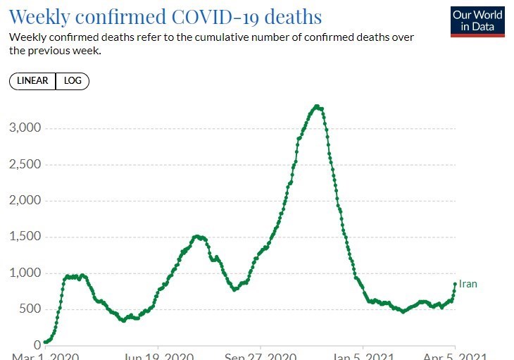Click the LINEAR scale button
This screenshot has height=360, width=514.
pyautogui.click(x=32, y=81)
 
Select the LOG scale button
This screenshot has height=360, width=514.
pyautogui.click(x=73, y=81)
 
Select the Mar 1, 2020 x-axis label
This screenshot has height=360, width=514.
pyautogui.click(x=45, y=356)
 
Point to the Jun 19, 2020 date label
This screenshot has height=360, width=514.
pyautogui.click(x=158, y=356)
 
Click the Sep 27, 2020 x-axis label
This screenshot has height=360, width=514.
pyautogui.click(x=261, y=356)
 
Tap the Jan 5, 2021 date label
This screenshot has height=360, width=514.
pyautogui.click(x=363, y=356)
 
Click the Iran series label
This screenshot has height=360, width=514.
pyautogui.click(x=468, y=284)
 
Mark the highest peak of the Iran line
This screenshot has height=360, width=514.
pyautogui.click(x=318, y=106)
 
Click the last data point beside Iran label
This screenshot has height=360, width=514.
pyautogui.click(x=455, y=284)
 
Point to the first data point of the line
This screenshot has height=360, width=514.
pyautogui.click(x=45, y=342)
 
